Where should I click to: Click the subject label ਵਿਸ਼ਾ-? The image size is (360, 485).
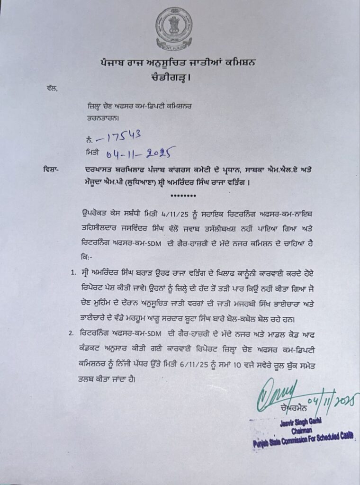coord(42,169)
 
